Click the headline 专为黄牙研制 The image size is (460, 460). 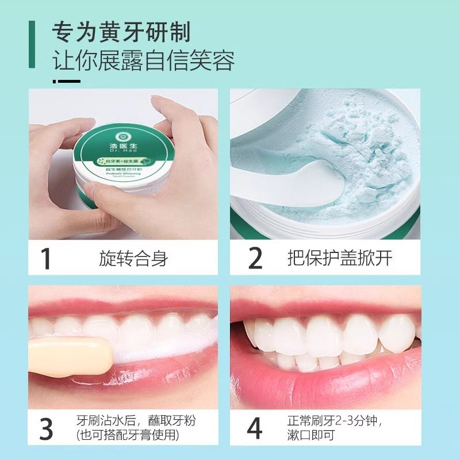click(121, 32)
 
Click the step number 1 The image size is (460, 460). click(47, 258)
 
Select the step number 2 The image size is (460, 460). click(255, 258)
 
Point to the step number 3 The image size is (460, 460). click(47, 428)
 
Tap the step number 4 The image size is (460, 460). click(255, 428)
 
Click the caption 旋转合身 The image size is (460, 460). click(133, 258)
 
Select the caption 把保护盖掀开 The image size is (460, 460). click(340, 258)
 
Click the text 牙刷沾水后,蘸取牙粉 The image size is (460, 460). click(136, 420)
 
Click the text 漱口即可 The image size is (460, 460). click(313, 436)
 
